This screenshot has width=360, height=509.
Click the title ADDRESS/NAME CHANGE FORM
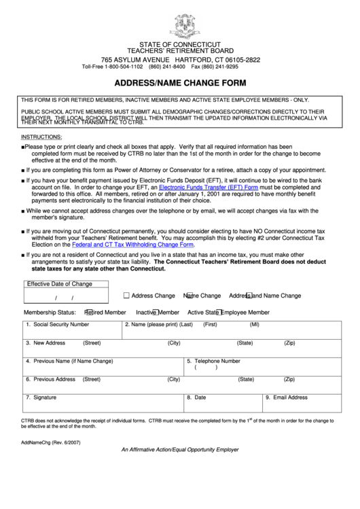click(180, 84)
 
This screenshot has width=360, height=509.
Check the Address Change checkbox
click(126, 296)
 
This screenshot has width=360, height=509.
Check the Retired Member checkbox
click(89, 312)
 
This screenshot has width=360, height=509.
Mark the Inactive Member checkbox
click(156, 312)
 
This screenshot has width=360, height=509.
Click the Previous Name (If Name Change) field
click(102, 368)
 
